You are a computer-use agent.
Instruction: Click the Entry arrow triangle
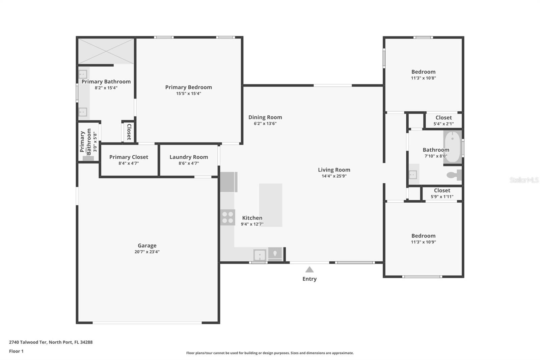click(309, 269)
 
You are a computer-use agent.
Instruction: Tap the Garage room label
click(147, 246)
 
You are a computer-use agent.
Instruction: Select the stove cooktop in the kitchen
click(227, 217)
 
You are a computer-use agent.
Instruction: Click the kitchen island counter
click(271, 205)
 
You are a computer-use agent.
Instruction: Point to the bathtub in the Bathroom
click(452, 147)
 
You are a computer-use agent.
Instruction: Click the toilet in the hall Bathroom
click(454, 175)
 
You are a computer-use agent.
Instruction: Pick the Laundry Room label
click(189, 157)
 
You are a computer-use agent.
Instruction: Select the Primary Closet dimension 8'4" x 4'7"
click(129, 163)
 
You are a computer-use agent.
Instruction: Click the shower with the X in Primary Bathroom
click(106, 51)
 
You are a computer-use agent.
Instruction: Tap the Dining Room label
click(265, 117)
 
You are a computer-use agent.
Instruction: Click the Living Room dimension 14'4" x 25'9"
click(334, 176)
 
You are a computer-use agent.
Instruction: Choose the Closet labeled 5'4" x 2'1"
click(443, 121)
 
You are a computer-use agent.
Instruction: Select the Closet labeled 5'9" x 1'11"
click(442, 193)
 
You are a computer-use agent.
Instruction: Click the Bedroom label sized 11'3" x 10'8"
click(423, 72)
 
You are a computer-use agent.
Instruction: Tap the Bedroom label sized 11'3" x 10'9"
click(423, 236)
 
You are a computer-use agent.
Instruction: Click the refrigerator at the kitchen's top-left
click(228, 182)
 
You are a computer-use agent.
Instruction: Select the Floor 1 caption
click(16, 351)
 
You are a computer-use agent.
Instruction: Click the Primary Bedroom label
click(188, 87)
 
